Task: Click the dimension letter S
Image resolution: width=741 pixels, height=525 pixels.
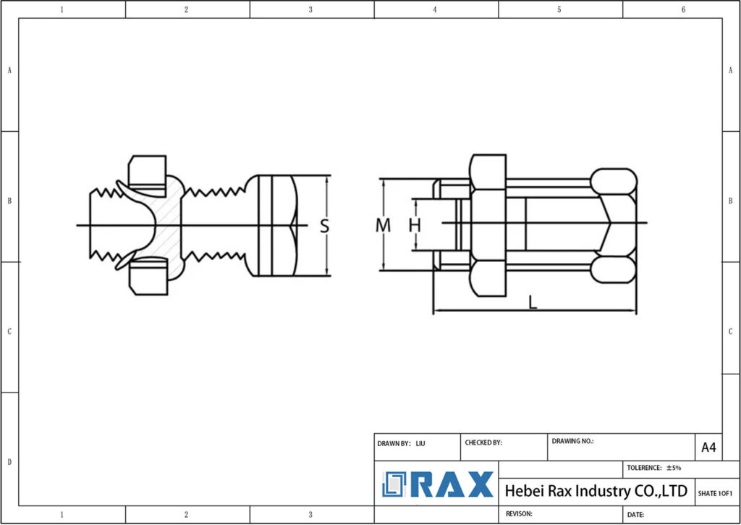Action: click(325, 226)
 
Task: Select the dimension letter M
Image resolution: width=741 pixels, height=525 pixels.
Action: click(383, 225)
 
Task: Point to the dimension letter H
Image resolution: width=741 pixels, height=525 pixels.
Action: click(415, 225)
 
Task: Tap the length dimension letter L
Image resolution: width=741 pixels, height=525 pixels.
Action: click(533, 303)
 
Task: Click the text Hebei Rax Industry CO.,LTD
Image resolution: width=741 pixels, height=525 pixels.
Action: click(595, 491)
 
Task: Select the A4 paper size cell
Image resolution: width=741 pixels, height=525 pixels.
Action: click(708, 448)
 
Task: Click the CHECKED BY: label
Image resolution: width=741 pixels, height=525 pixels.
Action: click(483, 442)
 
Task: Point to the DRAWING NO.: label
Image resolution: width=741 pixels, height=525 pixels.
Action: click(572, 440)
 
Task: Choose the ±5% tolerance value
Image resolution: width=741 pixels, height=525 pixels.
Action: click(673, 468)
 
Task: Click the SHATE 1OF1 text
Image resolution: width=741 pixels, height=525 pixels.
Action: click(716, 493)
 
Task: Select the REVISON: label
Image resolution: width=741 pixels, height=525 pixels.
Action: click(519, 513)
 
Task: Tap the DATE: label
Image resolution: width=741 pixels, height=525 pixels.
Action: click(635, 514)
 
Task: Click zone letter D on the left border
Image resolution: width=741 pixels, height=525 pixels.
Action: click(9, 462)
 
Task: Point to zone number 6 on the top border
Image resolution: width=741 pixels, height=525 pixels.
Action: click(683, 9)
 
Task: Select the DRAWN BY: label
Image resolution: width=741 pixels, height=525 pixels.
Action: click(394, 443)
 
